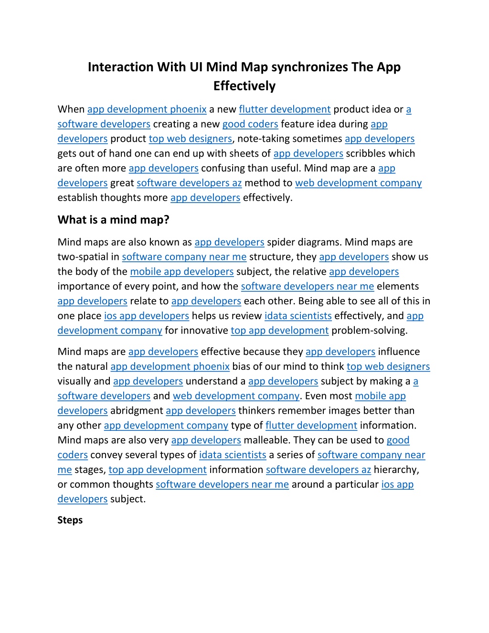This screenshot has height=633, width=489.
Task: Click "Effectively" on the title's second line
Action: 244,86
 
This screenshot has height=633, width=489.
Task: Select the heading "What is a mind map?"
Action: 113,220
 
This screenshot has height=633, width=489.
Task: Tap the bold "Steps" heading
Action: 70,520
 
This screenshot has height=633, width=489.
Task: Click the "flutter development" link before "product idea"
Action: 285,109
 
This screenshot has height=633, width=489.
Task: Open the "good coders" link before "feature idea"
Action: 250,124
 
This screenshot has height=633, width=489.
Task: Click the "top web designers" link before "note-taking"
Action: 190,139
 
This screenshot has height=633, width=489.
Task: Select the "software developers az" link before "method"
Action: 189,183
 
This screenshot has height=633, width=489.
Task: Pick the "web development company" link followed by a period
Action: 236,396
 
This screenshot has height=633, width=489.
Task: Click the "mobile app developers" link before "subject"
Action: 181,272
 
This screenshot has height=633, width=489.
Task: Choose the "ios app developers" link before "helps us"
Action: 146,316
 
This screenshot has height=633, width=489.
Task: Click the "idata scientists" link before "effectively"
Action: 298,316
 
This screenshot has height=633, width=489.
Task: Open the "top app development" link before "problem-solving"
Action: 279,331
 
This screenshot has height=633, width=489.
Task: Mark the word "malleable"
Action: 266,440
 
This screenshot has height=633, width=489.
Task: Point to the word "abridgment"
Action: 137,411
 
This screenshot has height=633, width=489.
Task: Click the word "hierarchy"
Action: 395,470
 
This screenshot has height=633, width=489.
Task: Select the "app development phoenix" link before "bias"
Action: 170,366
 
